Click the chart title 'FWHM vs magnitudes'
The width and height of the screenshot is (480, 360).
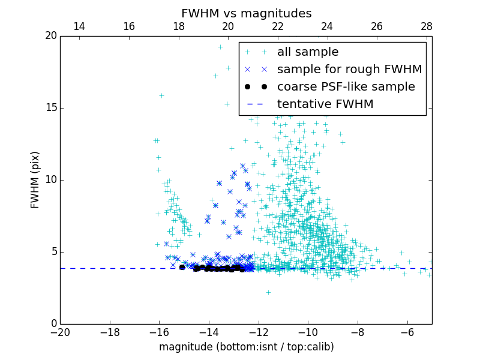click(246, 13)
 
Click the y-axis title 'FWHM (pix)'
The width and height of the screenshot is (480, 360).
click(35, 180)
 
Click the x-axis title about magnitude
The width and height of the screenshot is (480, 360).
click(246, 347)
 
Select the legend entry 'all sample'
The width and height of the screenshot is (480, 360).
click(308, 52)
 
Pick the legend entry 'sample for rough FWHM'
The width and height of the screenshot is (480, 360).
click(349, 70)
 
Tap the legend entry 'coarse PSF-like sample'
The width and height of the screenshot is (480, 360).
click(346, 87)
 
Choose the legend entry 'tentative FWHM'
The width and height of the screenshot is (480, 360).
click(325, 104)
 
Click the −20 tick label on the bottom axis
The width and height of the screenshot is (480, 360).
click(60, 332)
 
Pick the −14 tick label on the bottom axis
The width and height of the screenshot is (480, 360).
click(208, 332)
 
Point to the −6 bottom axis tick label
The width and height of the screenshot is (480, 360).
click(407, 332)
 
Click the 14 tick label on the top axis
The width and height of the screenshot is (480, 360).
click(79, 26)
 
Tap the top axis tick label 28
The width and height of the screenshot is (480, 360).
click(427, 26)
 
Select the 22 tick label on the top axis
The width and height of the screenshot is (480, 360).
click(277, 26)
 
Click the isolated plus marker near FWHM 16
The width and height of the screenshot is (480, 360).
click(161, 95)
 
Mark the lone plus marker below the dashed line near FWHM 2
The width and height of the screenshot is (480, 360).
click(268, 292)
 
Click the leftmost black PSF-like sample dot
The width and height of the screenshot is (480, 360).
click(182, 267)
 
